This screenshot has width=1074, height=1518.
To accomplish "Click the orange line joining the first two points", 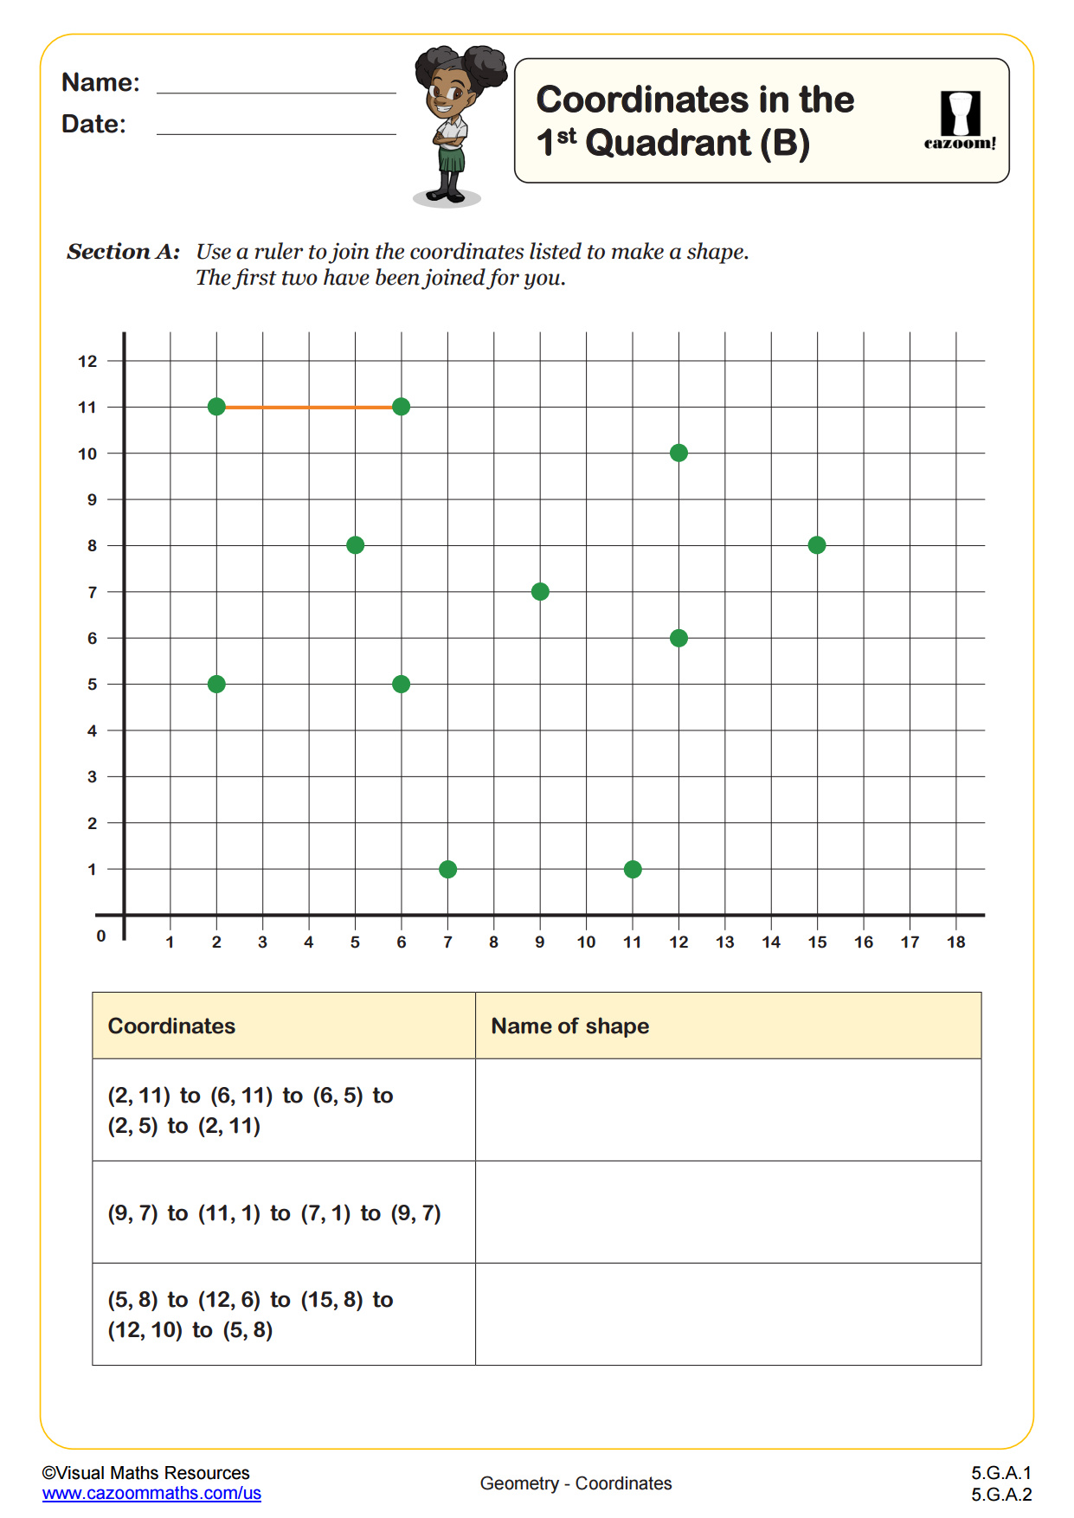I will pos(309,407).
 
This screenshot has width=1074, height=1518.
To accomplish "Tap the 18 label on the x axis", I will pos(955,942).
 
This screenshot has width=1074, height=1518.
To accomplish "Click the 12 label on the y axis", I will pos(87,361).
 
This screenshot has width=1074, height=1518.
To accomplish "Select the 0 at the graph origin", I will pos(101,936).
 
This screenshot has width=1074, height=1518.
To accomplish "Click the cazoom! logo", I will pos(960,121).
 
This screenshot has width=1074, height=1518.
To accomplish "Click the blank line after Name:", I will pos(276,89).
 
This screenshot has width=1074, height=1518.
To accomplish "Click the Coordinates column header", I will pos(171,1026).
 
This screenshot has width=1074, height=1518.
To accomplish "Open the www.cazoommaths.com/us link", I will pos(151,1493).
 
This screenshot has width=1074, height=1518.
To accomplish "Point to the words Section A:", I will pos(124,252).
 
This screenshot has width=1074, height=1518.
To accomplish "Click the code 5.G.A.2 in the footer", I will pos(1000,1495).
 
